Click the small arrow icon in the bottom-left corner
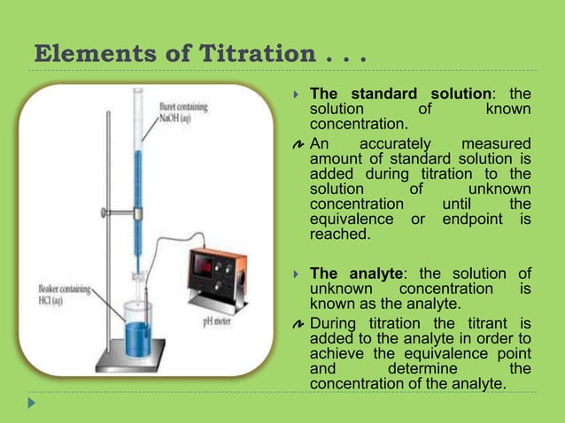click(x=33, y=403)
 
